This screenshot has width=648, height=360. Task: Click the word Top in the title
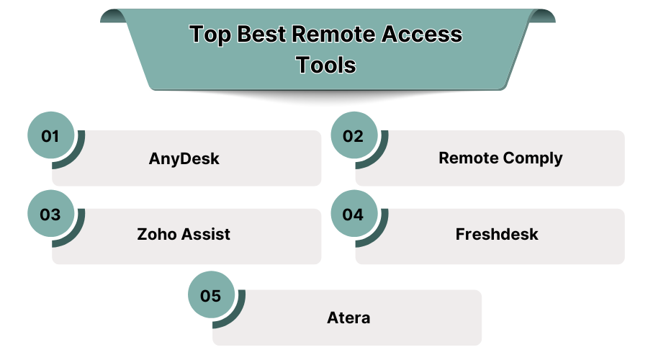click(x=210, y=34)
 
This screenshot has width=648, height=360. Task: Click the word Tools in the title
click(x=326, y=65)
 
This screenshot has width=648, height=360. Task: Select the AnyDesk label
click(x=184, y=158)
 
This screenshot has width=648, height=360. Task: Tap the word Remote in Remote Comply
click(x=467, y=158)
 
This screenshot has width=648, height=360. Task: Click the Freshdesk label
click(x=497, y=234)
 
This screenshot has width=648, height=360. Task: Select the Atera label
click(x=347, y=316)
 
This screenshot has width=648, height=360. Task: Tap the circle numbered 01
click(x=50, y=135)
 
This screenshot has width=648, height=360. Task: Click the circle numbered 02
click(x=354, y=135)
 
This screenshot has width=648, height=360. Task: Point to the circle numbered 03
click(x=50, y=214)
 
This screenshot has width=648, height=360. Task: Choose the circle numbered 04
click(x=354, y=214)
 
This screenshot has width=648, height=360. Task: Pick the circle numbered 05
click(x=211, y=295)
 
